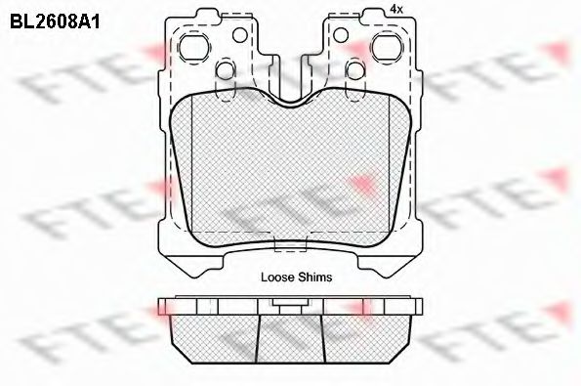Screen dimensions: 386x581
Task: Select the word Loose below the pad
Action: [277, 278]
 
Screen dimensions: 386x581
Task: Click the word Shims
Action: [315, 278]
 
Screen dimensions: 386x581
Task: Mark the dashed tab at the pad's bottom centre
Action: [288, 248]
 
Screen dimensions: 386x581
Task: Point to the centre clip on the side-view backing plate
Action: [288, 305]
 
